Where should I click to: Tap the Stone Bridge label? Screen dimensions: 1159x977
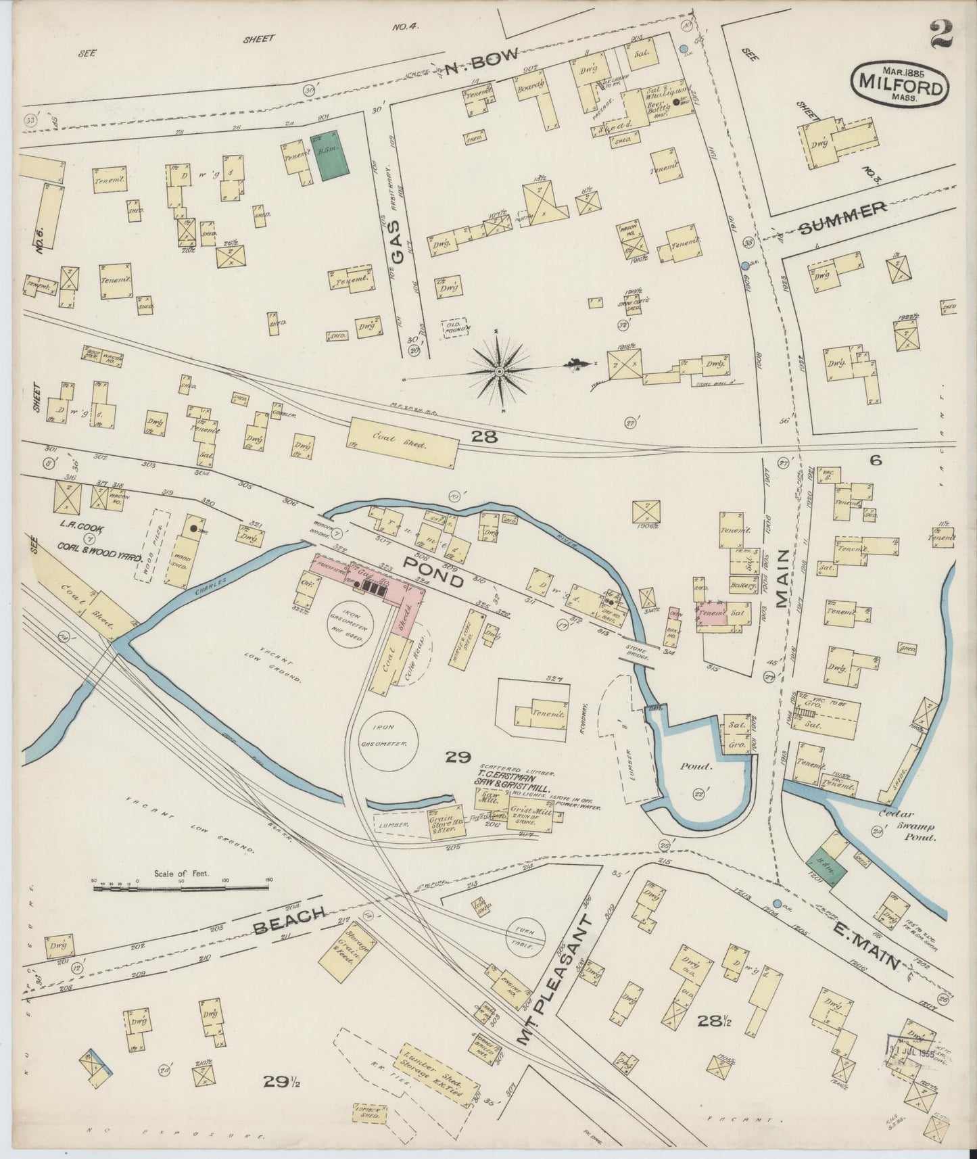point(636,653)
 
